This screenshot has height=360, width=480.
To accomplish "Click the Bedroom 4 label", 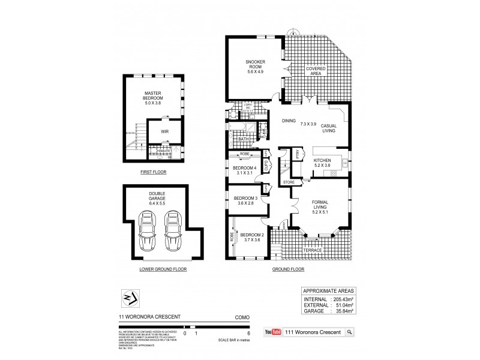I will [x=245, y=170].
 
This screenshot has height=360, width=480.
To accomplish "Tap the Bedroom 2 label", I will [x=252, y=238].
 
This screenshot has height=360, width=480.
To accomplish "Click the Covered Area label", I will [x=316, y=71].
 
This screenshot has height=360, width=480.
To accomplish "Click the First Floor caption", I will [x=154, y=172].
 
